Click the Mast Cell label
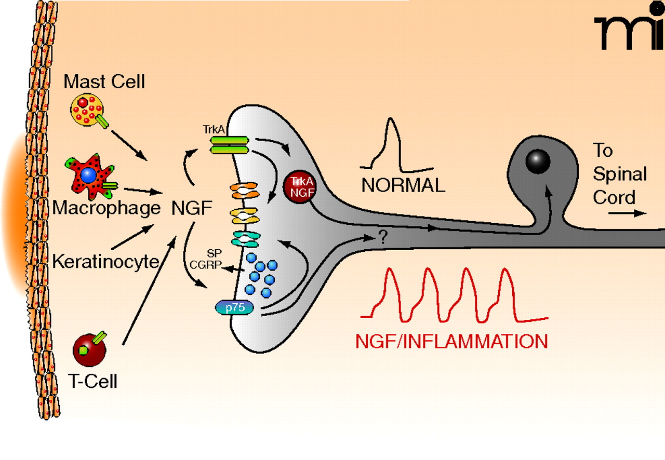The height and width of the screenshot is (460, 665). (104, 82)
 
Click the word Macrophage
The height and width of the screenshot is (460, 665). (107, 209)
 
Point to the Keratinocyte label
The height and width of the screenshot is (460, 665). (105, 261)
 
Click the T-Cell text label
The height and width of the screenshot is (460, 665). (93, 382)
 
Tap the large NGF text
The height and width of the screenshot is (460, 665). (191, 209)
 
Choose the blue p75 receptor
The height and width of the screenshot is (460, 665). (235, 308)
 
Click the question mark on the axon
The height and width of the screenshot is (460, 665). (383, 238)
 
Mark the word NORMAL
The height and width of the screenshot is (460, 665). (403, 185)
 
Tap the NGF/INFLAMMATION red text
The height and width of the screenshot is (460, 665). (451, 341)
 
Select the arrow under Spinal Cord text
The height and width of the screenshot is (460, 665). (628, 213)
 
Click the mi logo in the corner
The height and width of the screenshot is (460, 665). (629, 32)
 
